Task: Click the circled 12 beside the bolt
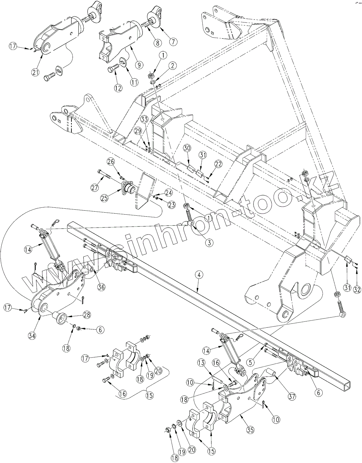(118, 88)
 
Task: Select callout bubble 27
(96, 188)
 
